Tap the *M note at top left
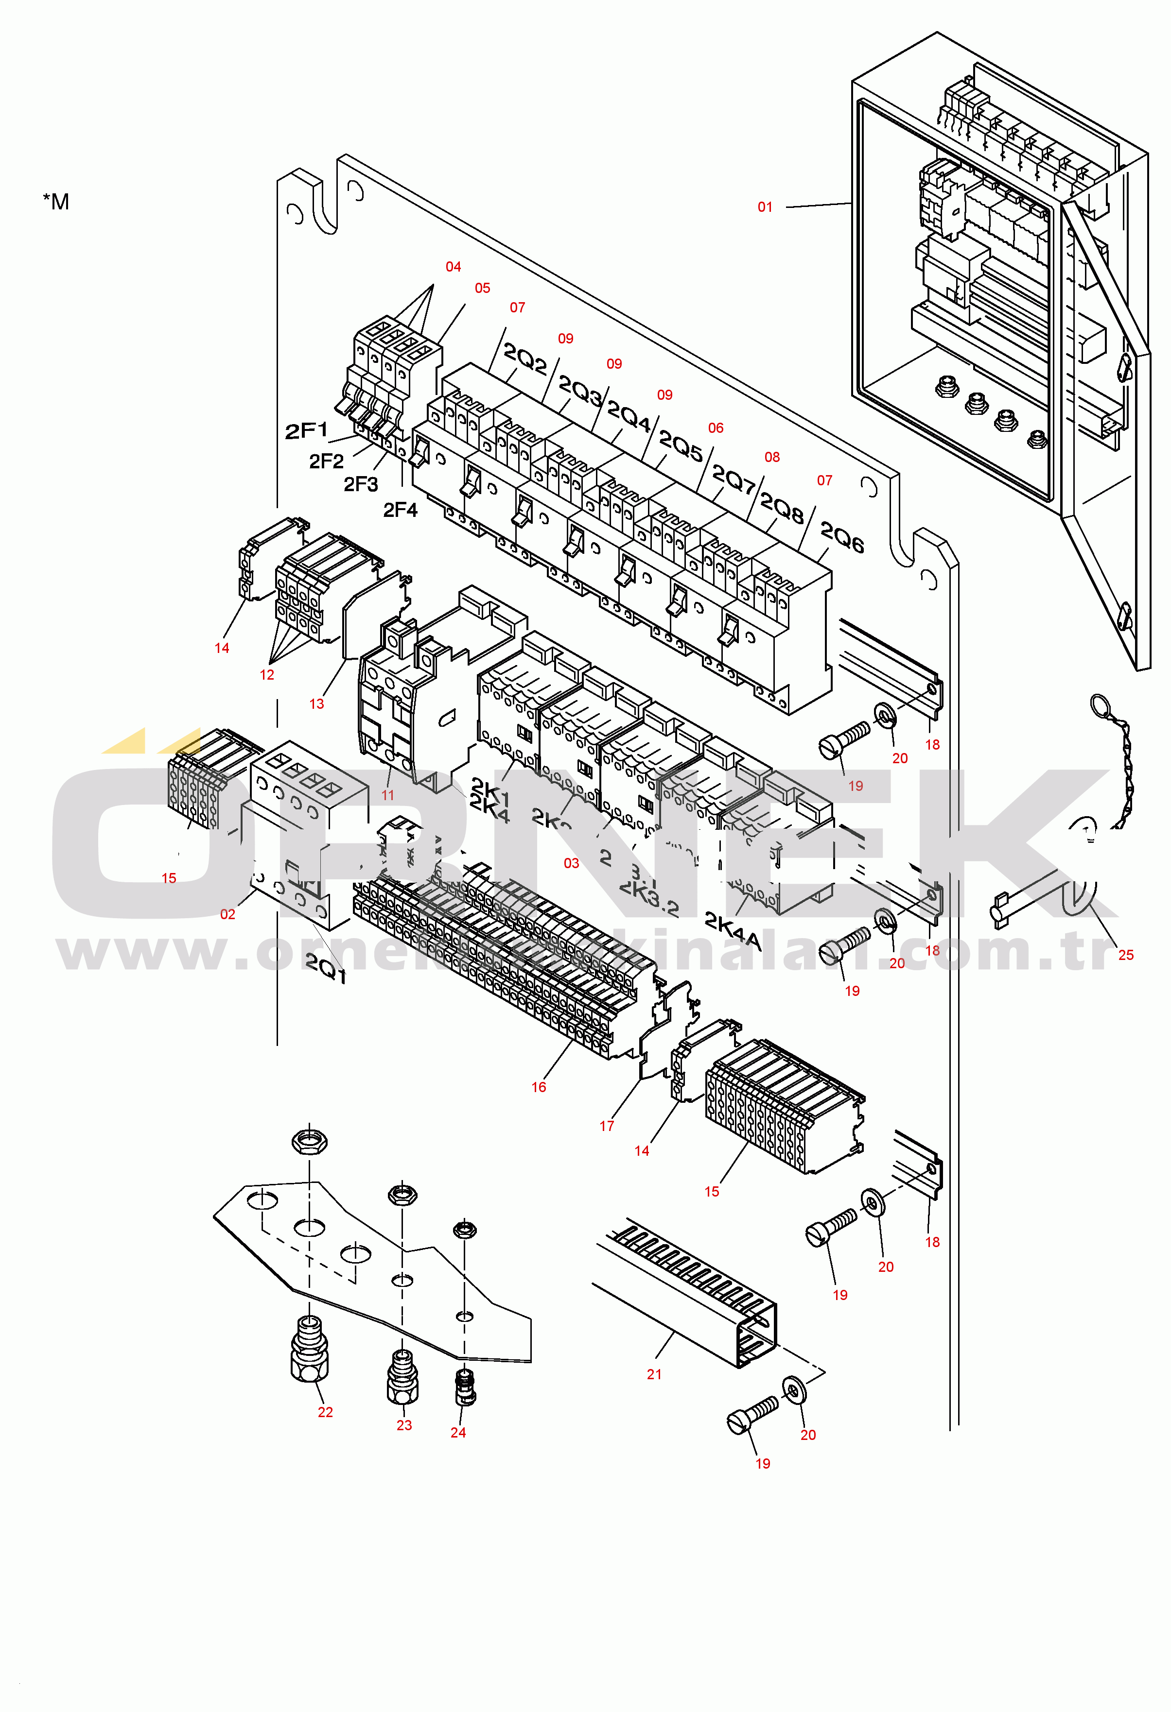(56, 202)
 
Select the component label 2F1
(306, 431)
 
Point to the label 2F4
(400, 510)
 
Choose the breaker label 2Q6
(841, 538)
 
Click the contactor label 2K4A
(732, 930)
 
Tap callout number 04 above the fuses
(453, 267)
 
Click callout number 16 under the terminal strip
(539, 1087)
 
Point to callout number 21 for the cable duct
(654, 1374)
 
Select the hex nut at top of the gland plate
(310, 1143)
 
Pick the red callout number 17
(607, 1126)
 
